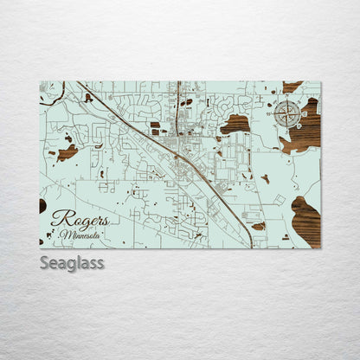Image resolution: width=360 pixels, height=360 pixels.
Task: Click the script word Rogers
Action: click(80, 219)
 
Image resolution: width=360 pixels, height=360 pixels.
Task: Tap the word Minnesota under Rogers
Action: click(80, 235)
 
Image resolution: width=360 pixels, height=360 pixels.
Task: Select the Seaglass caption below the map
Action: click(72, 262)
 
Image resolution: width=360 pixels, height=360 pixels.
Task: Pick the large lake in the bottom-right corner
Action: click(306, 222)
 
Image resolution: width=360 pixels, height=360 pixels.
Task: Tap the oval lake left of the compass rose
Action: click(235, 124)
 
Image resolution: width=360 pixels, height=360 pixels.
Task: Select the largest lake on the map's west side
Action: click(67, 152)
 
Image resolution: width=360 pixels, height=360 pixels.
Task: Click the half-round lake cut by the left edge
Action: click(42, 206)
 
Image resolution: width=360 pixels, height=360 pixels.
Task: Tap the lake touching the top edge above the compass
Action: click(292, 87)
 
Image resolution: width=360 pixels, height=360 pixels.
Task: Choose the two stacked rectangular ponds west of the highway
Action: click(155, 128)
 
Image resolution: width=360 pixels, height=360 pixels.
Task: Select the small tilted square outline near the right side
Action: click(280, 200)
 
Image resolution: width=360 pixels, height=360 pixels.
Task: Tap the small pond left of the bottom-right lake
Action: click(259, 227)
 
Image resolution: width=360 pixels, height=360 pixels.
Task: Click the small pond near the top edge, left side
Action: click(88, 98)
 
